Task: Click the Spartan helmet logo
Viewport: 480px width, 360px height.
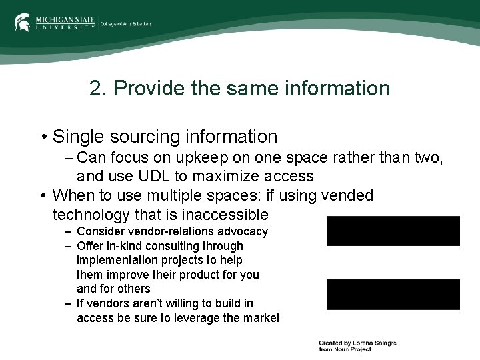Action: coord(22,22)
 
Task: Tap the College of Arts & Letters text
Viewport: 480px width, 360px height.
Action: coord(126,24)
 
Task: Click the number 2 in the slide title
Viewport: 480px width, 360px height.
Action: coord(97,88)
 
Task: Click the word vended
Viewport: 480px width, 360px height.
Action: coord(347,195)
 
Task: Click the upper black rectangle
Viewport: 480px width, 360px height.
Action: coord(393,231)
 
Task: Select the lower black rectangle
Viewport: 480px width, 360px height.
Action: coord(393,294)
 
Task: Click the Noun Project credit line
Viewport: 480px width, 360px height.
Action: coord(357,346)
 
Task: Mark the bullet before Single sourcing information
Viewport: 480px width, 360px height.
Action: coord(43,137)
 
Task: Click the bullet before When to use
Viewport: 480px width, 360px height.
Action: coord(43,196)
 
